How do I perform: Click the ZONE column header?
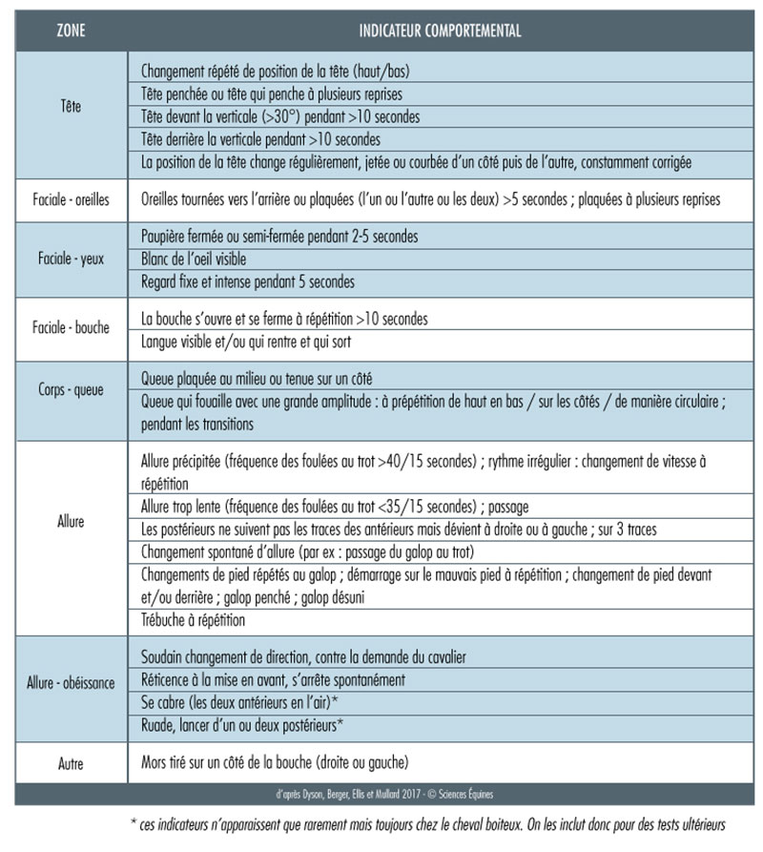tap(71, 31)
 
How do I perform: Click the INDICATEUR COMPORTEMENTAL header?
tap(440, 31)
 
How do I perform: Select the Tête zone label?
tap(71, 107)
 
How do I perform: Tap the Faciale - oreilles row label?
tap(71, 199)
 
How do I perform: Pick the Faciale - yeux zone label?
tap(71, 259)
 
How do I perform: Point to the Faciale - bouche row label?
tap(71, 327)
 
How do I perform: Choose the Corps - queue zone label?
tap(71, 389)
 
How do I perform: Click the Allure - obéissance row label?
tap(71, 682)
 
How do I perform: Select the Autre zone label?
tap(71, 762)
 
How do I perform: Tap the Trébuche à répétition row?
tap(193, 619)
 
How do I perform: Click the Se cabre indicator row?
tap(241, 703)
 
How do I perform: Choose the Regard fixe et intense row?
tap(247, 281)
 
